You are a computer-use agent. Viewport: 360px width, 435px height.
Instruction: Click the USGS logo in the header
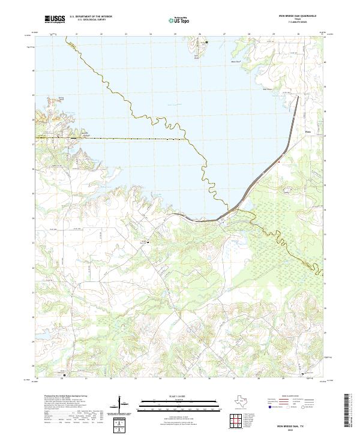tap(55, 20)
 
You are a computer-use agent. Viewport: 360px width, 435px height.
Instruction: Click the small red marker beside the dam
tap(279, 161)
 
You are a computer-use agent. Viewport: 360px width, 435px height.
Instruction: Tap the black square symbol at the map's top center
tap(207, 43)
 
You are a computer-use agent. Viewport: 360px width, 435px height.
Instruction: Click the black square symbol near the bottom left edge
tap(65, 376)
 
